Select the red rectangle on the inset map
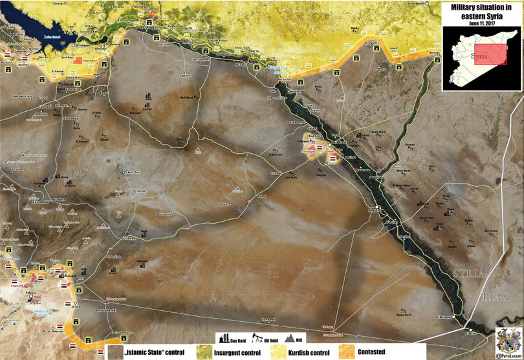pos(487,56)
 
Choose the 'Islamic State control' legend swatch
pos(115,353)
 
